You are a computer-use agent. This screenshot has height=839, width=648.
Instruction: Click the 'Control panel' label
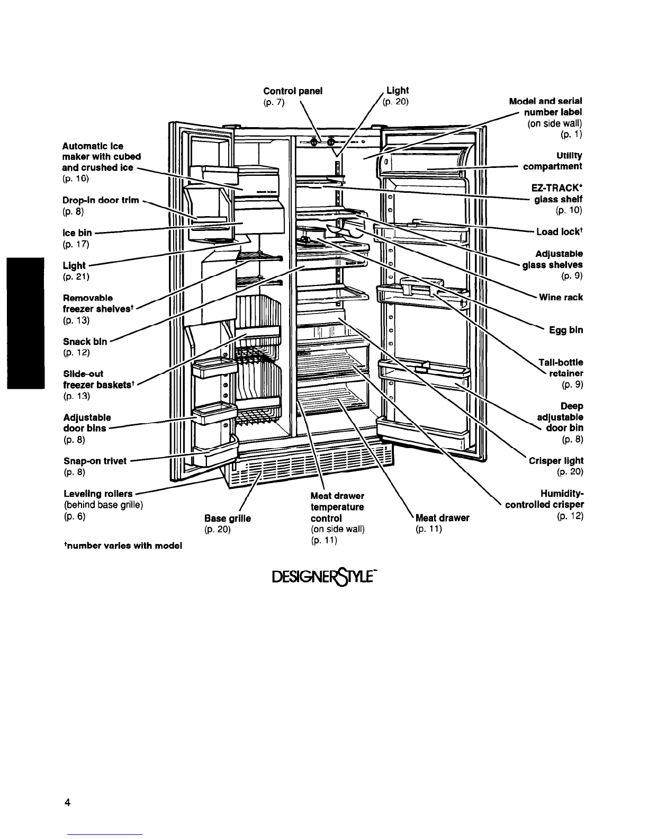(x=293, y=91)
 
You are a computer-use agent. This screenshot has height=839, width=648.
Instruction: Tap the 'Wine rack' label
(x=561, y=297)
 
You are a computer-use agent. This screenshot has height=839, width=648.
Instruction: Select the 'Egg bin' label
(x=566, y=330)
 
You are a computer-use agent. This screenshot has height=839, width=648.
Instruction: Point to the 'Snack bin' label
(x=85, y=342)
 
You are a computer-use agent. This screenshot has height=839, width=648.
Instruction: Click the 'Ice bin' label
(x=77, y=233)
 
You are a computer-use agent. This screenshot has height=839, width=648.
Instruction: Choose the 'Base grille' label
(x=227, y=519)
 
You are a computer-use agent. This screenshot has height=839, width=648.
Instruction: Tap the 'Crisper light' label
(x=556, y=461)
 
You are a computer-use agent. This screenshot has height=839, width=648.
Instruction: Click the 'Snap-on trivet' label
(x=95, y=461)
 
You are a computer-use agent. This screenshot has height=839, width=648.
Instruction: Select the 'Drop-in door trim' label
(x=101, y=200)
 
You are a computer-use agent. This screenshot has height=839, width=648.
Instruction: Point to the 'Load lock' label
(x=558, y=231)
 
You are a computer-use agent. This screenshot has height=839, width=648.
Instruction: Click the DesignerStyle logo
(x=324, y=577)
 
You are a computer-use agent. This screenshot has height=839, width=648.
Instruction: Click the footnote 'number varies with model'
(x=123, y=546)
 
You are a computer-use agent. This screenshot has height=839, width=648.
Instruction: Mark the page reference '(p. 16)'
(x=76, y=178)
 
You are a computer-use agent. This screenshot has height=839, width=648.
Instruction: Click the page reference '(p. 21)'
(x=76, y=277)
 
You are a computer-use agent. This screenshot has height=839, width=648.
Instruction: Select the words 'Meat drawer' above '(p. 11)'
(x=442, y=518)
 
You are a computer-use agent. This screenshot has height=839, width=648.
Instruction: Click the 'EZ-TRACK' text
(x=556, y=188)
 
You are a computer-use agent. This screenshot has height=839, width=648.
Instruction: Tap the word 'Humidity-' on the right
(x=562, y=494)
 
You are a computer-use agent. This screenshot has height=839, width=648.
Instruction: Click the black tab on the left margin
(x=25, y=323)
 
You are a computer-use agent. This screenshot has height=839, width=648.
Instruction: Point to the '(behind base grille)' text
(x=103, y=505)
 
